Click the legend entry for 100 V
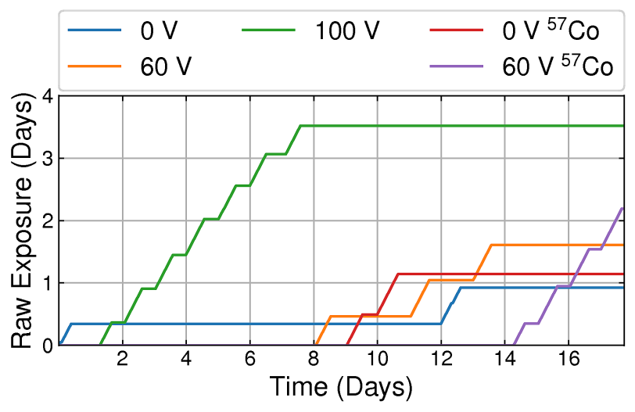[347, 31]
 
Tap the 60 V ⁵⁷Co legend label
[557, 66]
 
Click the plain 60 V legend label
[167, 66]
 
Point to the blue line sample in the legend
[95, 31]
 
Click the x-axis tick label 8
[314, 360]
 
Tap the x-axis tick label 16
[569, 360]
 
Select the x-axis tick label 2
[123, 360]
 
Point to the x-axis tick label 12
[441, 360]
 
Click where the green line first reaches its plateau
[301, 126]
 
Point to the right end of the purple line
[622, 208]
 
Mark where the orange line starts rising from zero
[315, 344]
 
